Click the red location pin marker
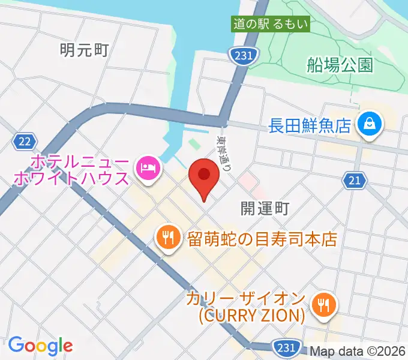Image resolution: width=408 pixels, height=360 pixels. [x=204, y=176]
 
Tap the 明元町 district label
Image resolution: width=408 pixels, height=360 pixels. [x=84, y=50]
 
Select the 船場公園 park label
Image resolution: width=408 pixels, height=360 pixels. [x=339, y=65]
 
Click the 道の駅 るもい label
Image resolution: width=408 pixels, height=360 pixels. [x=271, y=25]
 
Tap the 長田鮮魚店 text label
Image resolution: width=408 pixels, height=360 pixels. [x=310, y=125]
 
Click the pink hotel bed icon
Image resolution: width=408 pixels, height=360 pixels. [x=148, y=166]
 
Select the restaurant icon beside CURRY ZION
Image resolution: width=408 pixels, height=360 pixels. [x=324, y=304]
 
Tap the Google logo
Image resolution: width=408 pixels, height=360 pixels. [x=40, y=345]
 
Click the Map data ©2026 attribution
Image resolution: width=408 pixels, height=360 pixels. [x=356, y=351]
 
